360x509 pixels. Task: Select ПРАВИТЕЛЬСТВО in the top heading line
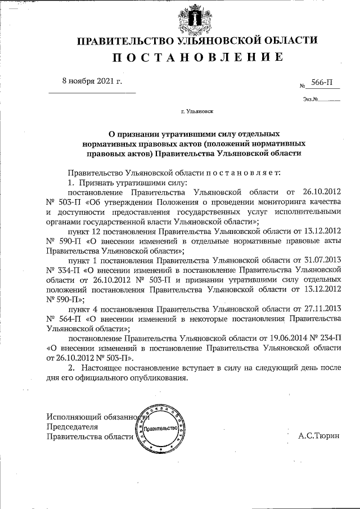click(123, 40)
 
